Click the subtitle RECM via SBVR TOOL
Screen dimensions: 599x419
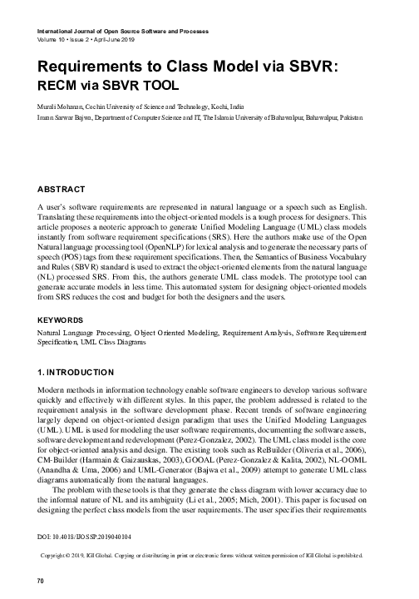click(x=108, y=85)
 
